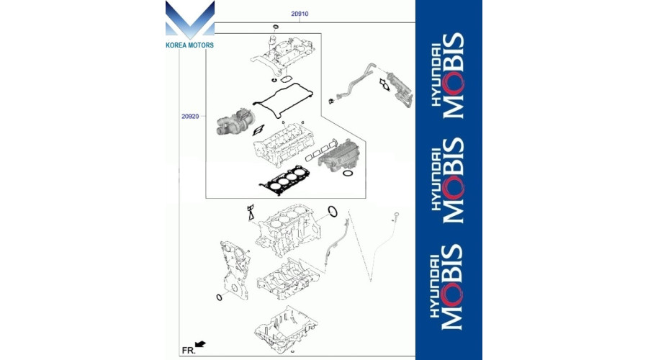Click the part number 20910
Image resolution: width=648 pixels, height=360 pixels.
300,13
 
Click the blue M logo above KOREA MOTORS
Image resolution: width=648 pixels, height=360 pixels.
189,21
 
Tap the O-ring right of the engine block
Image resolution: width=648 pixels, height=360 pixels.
333,211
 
